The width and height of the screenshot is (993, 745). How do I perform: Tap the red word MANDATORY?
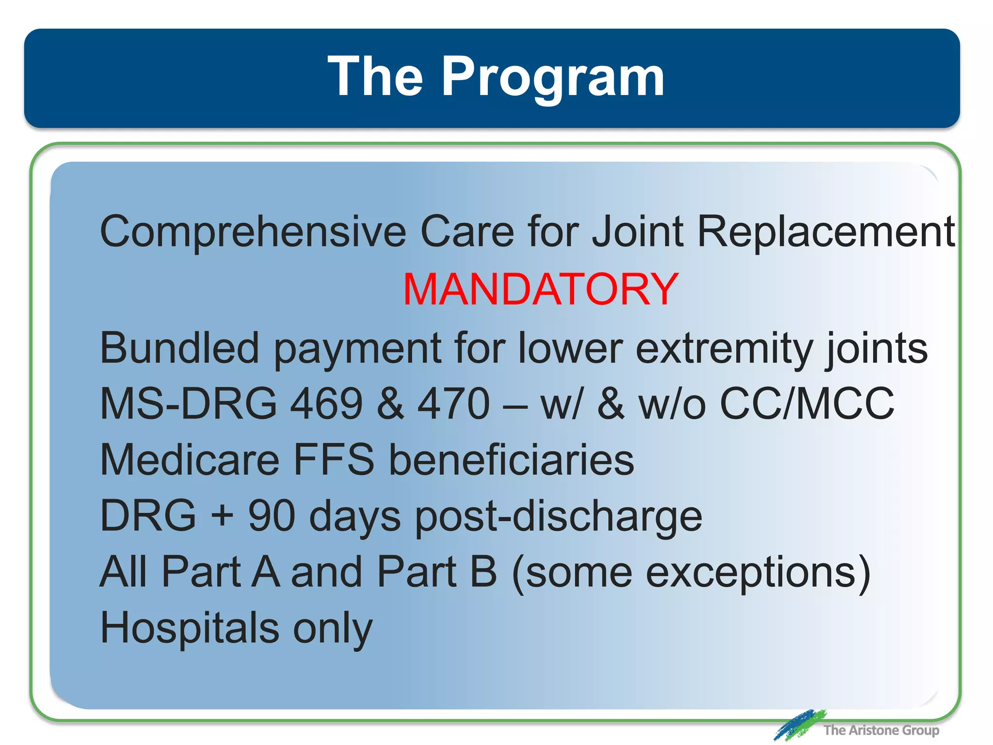click(541, 290)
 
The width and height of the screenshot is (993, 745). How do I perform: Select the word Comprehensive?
click(253, 232)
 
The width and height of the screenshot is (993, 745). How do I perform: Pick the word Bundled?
click(179, 348)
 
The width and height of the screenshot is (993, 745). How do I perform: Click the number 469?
click(326, 404)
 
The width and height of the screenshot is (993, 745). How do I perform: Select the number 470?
click(454, 404)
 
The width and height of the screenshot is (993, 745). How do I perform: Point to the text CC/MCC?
click(807, 404)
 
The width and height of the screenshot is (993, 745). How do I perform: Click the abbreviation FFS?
click(334, 460)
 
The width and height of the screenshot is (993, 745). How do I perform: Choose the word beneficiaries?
click(512, 460)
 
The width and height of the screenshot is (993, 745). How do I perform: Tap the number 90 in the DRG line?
click(272, 516)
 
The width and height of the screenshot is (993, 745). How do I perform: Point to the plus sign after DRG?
click(222, 516)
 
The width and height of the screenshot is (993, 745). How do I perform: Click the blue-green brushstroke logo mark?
click(799, 725)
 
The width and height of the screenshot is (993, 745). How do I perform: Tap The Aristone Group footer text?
click(881, 730)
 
